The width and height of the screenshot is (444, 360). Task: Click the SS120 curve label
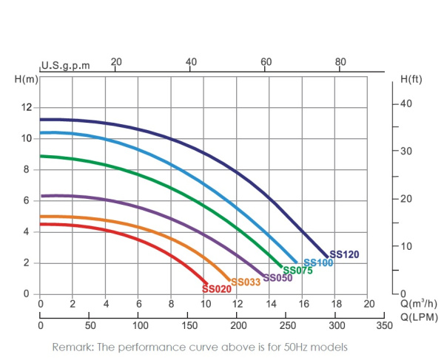[344, 255]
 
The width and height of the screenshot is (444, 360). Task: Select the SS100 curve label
[318, 263]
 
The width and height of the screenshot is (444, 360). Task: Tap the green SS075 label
[297, 271]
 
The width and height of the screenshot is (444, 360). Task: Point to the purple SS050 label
[277, 278]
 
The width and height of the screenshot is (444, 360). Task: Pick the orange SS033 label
[245, 282]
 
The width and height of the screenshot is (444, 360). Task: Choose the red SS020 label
[217, 289]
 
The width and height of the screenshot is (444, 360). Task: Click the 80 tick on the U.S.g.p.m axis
[340, 61]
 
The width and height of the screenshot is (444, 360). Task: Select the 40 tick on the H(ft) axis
[405, 103]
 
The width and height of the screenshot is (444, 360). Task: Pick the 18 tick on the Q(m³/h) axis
[335, 304]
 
